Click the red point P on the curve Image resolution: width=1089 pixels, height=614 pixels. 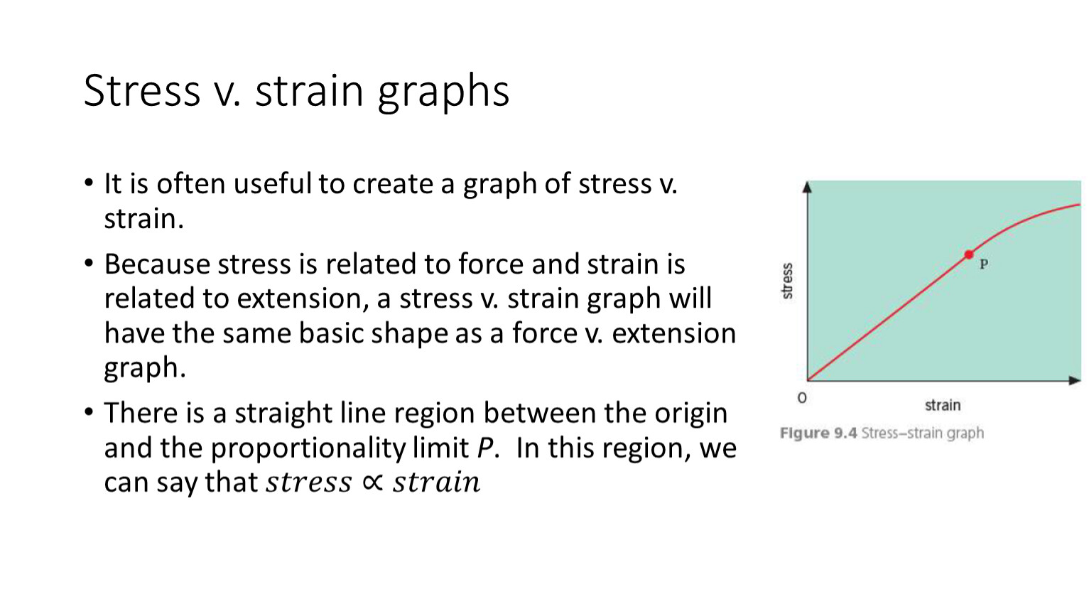(x=969, y=254)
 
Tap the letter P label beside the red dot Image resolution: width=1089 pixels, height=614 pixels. (x=984, y=264)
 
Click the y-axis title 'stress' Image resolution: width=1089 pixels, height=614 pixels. (x=787, y=281)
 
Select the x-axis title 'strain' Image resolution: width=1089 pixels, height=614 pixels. (x=943, y=405)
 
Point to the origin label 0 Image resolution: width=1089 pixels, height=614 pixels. (x=802, y=398)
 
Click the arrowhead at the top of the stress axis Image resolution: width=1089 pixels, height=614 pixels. (x=807, y=187)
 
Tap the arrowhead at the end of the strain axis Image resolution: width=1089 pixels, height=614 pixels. (x=1074, y=380)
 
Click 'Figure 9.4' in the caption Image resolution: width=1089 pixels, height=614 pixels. (x=818, y=433)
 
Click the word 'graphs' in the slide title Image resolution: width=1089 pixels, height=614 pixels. (x=443, y=92)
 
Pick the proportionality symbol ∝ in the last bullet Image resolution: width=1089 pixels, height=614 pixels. (x=372, y=482)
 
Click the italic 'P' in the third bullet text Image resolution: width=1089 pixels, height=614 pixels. (x=484, y=448)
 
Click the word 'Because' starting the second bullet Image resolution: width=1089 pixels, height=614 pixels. (x=157, y=264)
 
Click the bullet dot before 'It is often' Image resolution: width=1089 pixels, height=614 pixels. (x=89, y=183)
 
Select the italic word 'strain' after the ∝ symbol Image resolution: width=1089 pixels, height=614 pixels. (x=437, y=483)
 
